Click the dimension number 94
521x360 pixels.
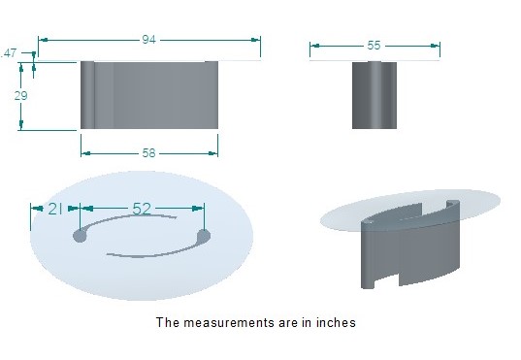pos(148,40)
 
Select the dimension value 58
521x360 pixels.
pos(148,153)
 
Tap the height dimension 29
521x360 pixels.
pos(20,96)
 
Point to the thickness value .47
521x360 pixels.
pos(9,53)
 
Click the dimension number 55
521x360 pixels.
pos(374,46)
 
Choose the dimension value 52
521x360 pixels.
pos(142,209)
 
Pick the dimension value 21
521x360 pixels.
pos(55,209)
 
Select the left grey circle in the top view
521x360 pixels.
pos(80,236)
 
